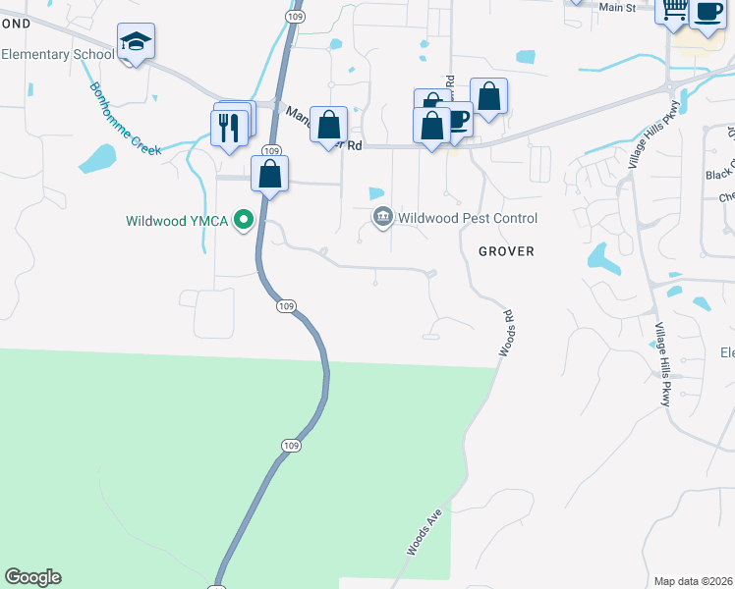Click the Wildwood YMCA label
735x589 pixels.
[x=177, y=221]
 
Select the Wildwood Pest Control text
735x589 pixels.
[x=467, y=218]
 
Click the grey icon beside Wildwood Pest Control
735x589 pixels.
[x=382, y=217]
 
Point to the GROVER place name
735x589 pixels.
[x=506, y=251]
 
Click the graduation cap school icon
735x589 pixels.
[x=136, y=42]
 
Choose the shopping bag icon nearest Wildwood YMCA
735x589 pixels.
[x=269, y=175]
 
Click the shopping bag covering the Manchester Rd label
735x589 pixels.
[x=328, y=125]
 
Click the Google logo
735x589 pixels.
[x=32, y=577]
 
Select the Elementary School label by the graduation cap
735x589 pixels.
[x=57, y=54]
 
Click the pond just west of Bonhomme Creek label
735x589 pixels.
[x=99, y=157]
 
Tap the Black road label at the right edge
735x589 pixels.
[x=719, y=175]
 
